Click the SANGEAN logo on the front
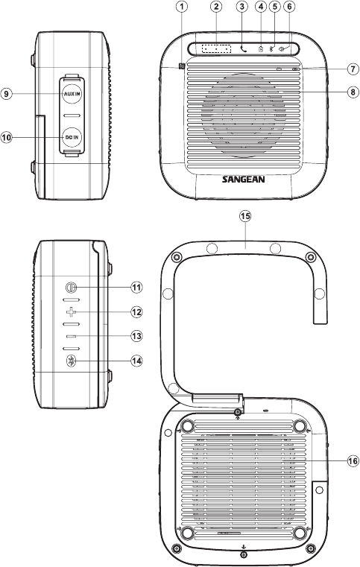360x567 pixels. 243,179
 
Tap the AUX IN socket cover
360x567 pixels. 72,94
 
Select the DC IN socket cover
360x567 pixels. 72,137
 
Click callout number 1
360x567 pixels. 183,7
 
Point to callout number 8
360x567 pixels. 353,92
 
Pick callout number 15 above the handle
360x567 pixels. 245,216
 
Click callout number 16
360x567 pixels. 353,460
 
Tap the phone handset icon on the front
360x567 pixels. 244,48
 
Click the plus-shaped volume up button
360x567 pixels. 72,311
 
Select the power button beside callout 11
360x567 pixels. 71,288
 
